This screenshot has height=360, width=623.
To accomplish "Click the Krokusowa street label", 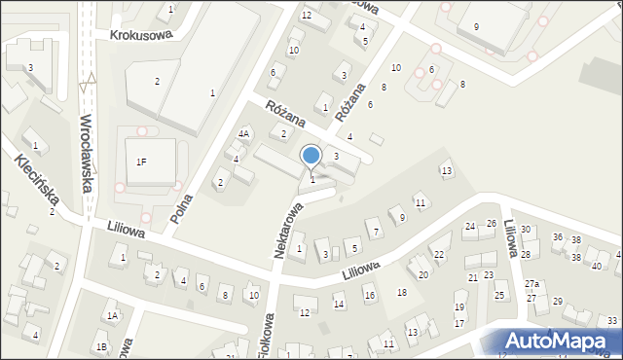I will [141, 34].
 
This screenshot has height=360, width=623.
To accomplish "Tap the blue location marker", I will [311, 157].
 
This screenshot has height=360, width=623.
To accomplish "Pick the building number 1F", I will [142, 162].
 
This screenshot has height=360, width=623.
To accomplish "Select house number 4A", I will [244, 134].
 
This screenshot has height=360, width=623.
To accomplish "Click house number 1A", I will [113, 315].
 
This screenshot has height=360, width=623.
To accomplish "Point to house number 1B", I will [101, 346].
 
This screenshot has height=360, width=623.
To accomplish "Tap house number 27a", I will [531, 283].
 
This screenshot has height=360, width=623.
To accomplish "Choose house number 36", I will [558, 237].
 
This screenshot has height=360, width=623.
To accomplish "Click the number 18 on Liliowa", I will [401, 293].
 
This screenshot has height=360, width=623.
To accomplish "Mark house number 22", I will [438, 255].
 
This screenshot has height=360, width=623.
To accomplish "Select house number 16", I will [369, 295].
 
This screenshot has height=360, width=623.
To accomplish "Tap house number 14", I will [339, 305].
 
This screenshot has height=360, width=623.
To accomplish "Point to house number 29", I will [557, 302].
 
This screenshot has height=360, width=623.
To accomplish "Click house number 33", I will [611, 321].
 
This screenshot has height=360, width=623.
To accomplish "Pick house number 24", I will [470, 227].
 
